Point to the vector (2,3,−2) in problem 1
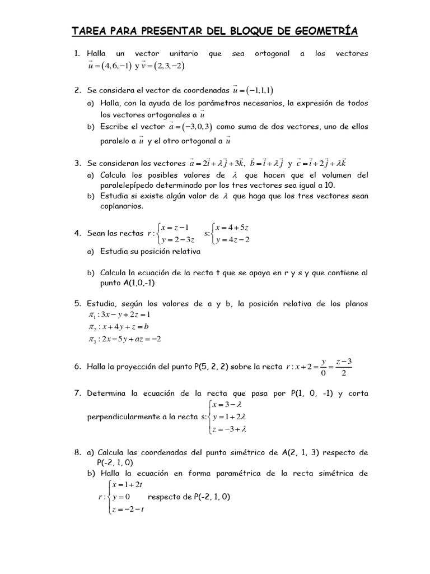coord(167,66)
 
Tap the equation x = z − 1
coord(174,227)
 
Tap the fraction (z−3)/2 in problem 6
coord(344,367)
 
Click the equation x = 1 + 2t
coord(128,484)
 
